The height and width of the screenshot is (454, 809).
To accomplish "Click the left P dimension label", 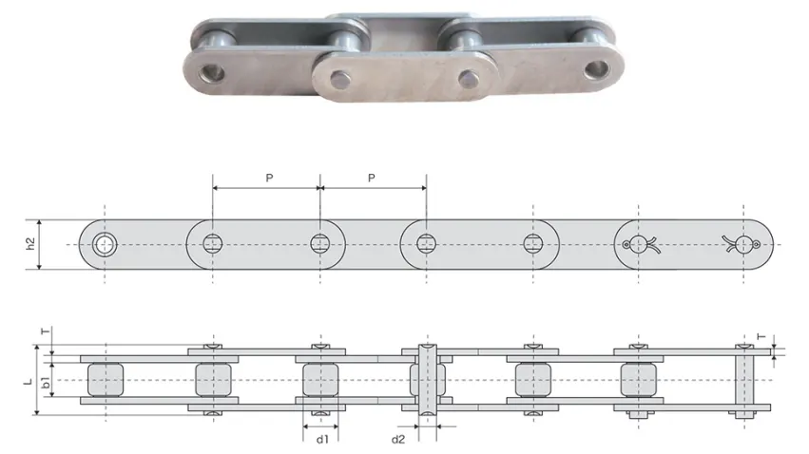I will pyautogui.click(x=269, y=178).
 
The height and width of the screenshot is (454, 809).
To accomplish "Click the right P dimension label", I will pyautogui.click(x=372, y=178).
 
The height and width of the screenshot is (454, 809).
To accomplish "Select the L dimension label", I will pyautogui.click(x=29, y=382).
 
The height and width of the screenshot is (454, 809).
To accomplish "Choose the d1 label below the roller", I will pyautogui.click(x=322, y=439).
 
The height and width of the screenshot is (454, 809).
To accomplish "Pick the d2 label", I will pyautogui.click(x=399, y=439).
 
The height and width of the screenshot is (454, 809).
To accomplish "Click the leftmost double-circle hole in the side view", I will pyautogui.click(x=104, y=244).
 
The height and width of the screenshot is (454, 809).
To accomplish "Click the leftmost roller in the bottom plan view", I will pyautogui.click(x=105, y=380).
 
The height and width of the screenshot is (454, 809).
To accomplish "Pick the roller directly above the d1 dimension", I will pyautogui.click(x=320, y=380).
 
